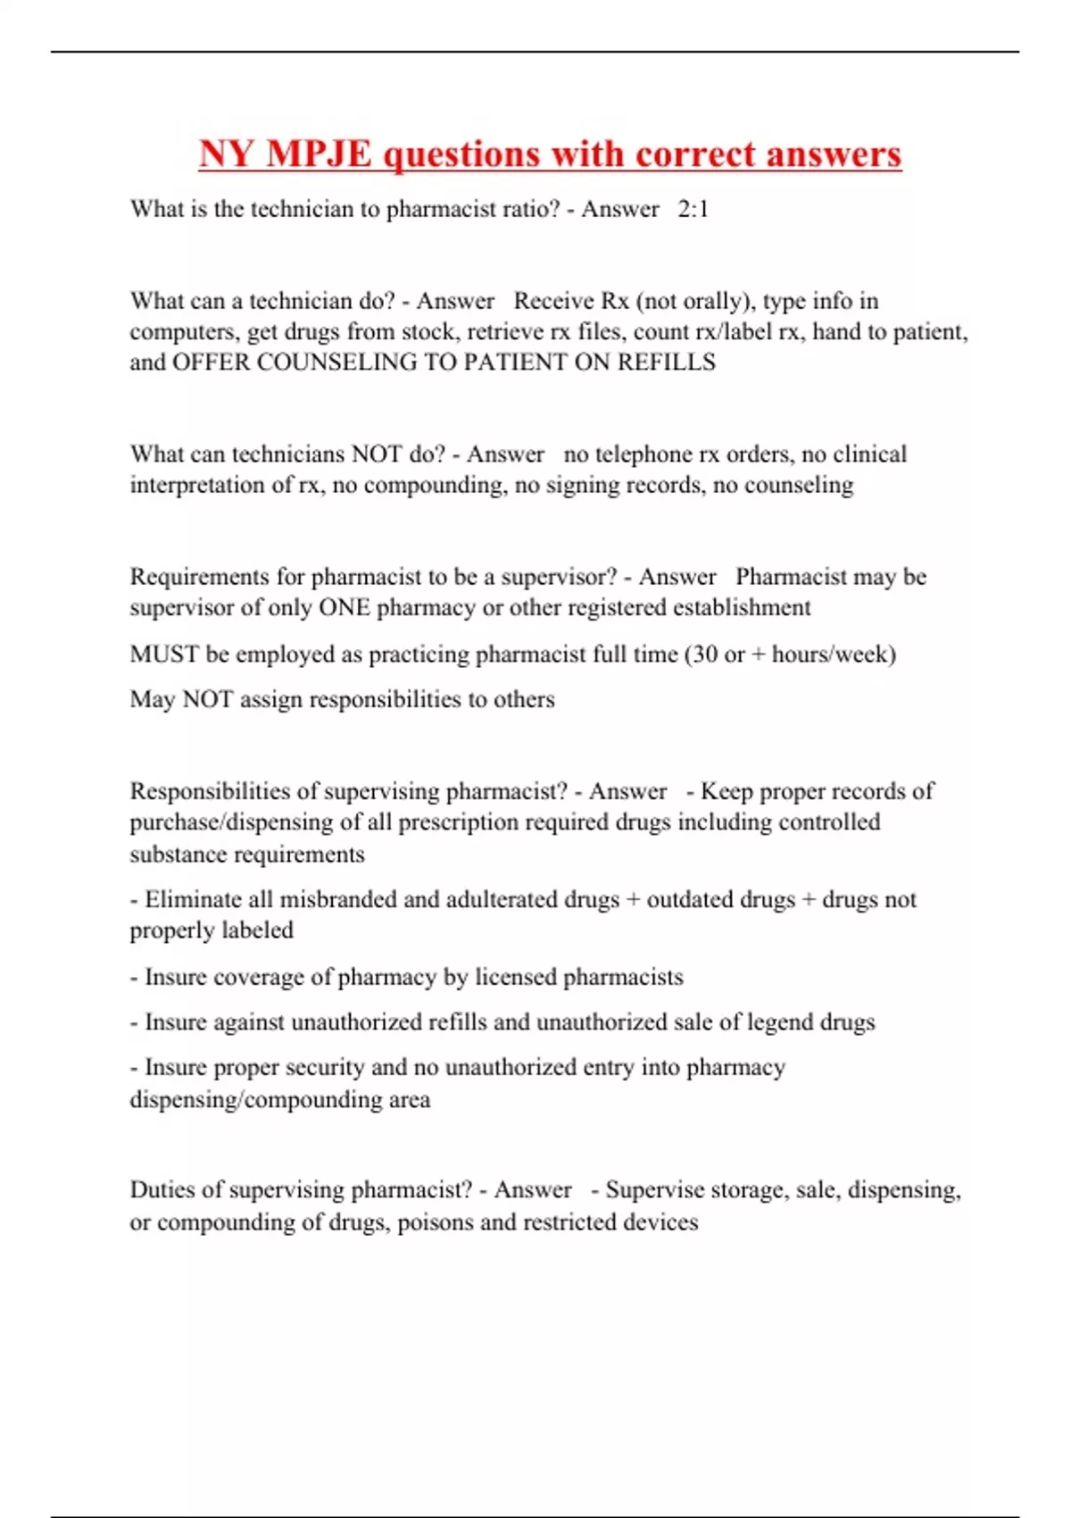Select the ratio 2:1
click(x=693, y=209)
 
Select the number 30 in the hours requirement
click(x=705, y=655)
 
